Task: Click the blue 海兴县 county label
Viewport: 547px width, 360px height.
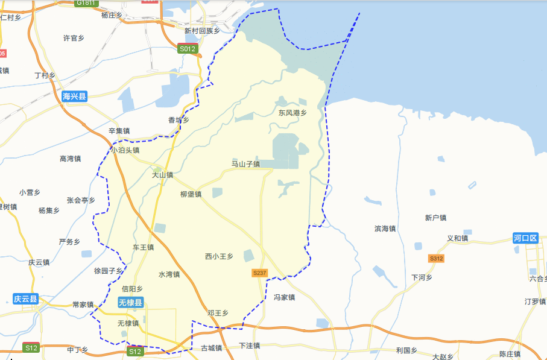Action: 75,95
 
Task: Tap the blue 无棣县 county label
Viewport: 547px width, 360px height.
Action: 130,303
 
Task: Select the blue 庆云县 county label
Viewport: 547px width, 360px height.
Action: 25,299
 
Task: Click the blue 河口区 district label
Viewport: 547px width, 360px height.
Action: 525,238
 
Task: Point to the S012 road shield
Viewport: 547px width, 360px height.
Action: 188,49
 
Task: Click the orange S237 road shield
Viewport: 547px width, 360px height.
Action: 259,273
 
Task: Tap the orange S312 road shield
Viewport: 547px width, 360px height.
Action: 436,259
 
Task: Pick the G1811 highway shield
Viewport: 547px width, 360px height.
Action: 86,3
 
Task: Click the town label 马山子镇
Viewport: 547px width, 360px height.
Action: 245,164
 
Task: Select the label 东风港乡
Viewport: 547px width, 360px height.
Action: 292,113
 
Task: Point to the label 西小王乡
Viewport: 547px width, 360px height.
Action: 219,257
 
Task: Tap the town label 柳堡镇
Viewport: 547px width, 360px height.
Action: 191,194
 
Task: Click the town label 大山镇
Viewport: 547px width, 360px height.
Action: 162,175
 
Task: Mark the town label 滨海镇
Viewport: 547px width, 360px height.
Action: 385,229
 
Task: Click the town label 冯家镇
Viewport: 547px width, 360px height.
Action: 284,297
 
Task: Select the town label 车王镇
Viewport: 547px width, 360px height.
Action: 144,247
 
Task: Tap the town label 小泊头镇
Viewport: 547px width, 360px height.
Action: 125,150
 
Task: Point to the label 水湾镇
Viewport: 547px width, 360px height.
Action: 169,274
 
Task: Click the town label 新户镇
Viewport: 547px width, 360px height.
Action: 435,218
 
